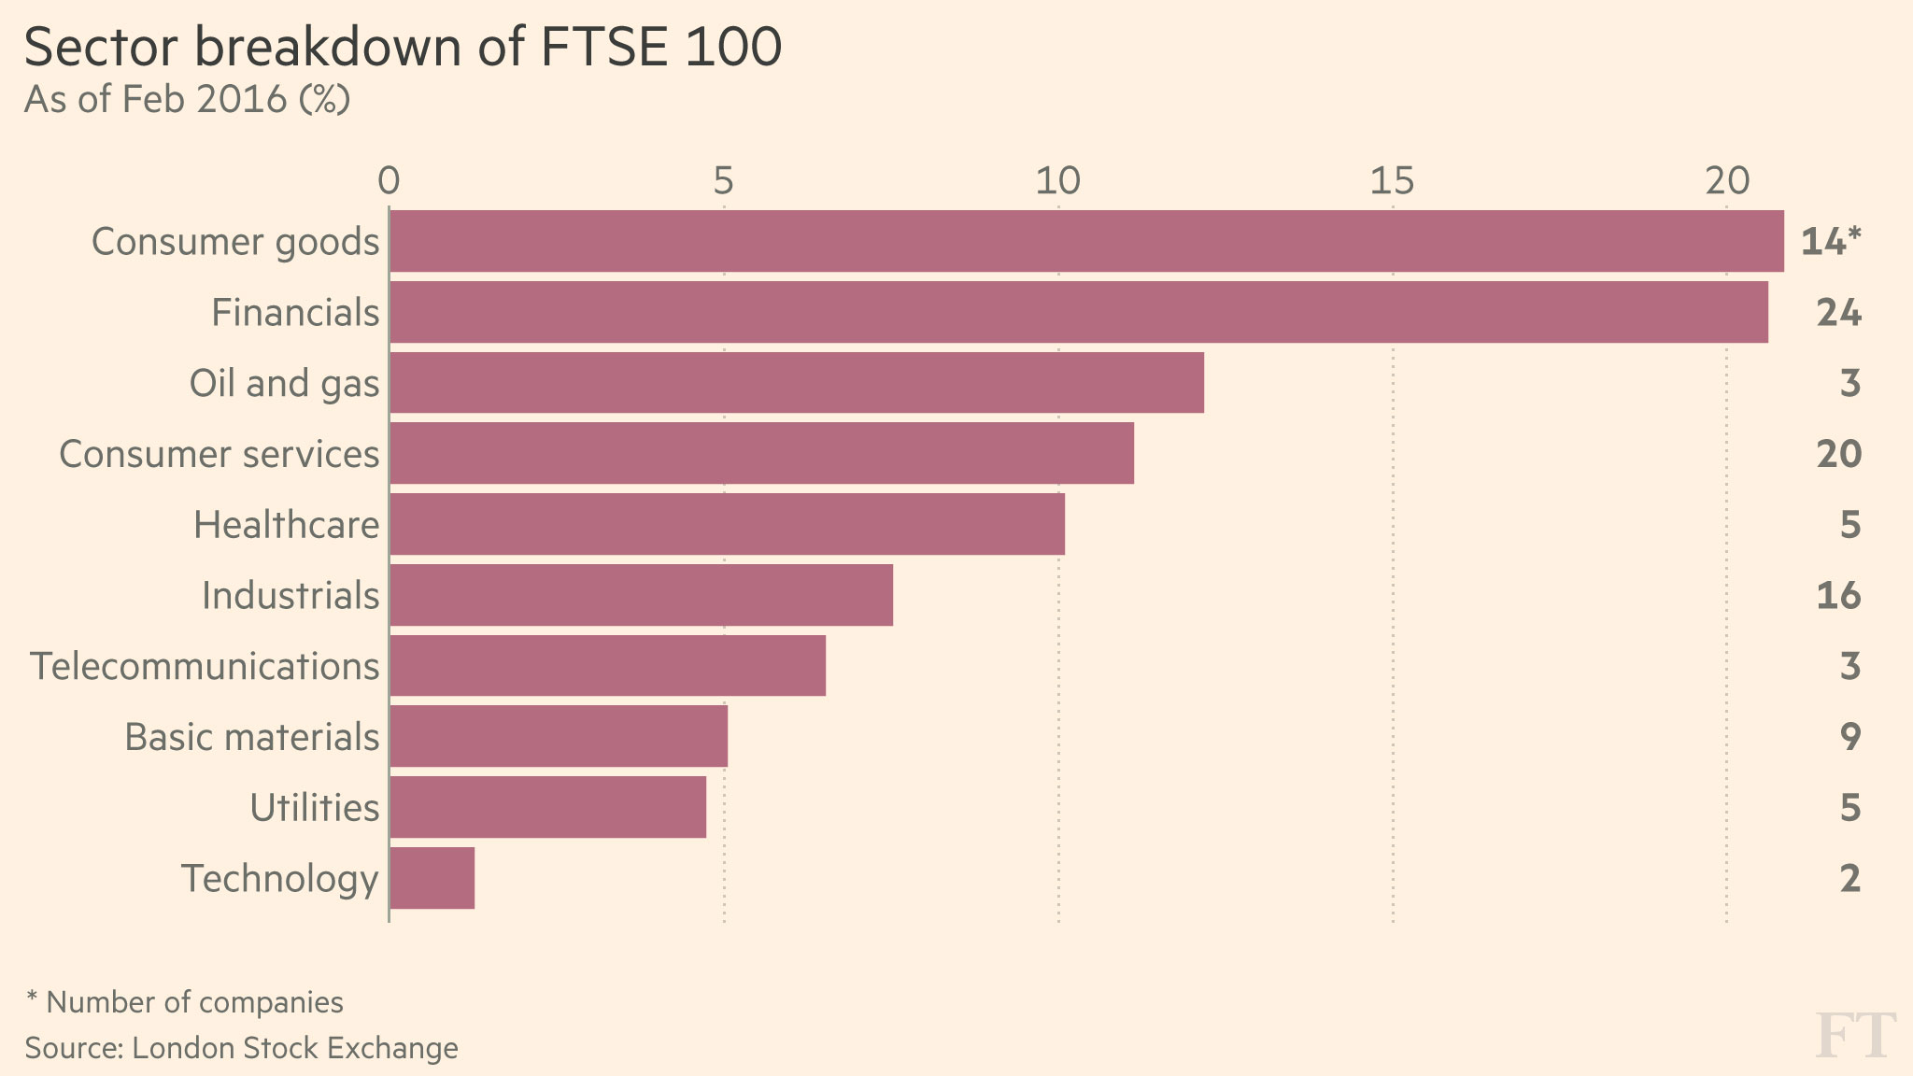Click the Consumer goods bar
click(1086, 241)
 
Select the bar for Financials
click(1079, 312)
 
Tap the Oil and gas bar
click(797, 383)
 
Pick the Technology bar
click(432, 878)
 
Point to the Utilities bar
click(548, 807)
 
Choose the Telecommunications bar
click(608, 666)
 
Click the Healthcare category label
click(286, 525)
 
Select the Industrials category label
click(290, 596)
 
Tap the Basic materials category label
click(251, 737)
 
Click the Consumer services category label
click(219, 454)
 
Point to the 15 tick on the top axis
click(1392, 181)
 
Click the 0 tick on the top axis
click(389, 181)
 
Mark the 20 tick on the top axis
click(1726, 181)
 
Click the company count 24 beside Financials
click(1838, 313)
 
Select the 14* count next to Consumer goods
click(1831, 242)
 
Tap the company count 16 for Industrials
click(1838, 596)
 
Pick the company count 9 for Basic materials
click(1850, 737)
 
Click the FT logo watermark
click(1855, 1036)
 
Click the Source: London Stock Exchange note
click(241, 1048)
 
